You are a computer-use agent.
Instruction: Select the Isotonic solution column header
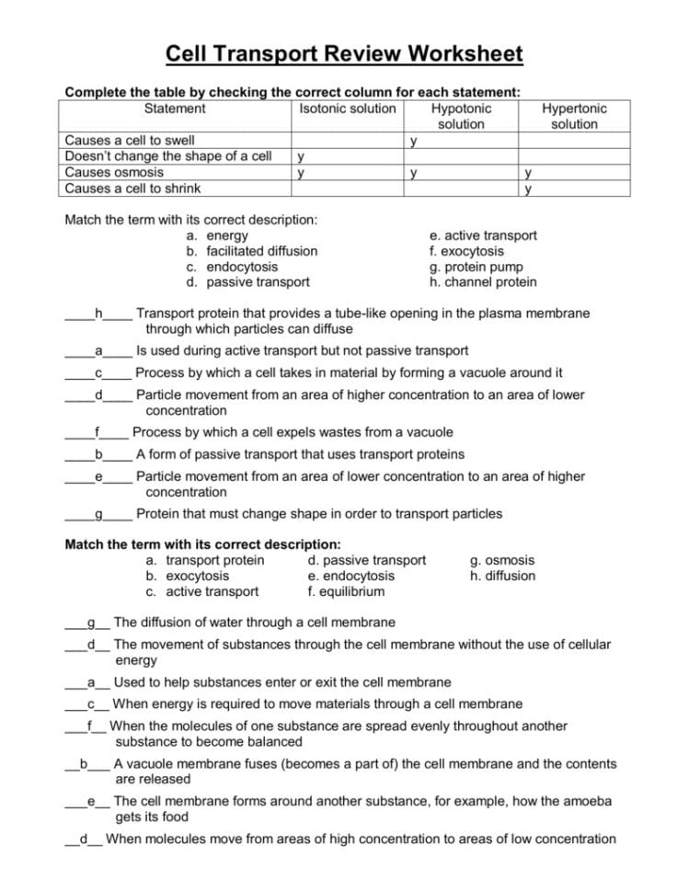[348, 109]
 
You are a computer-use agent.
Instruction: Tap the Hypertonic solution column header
[574, 116]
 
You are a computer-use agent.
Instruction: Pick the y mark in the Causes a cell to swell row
[415, 141]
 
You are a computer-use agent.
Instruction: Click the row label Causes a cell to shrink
[132, 189]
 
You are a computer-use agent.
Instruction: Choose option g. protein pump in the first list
[476, 267]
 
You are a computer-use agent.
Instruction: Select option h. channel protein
[483, 282]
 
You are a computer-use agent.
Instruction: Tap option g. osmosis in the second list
[502, 560]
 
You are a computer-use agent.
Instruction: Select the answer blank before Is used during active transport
[98, 351]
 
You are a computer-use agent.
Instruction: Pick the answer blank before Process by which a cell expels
[97, 433]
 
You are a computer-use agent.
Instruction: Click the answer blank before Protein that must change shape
[98, 514]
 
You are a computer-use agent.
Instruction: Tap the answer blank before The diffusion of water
[88, 623]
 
